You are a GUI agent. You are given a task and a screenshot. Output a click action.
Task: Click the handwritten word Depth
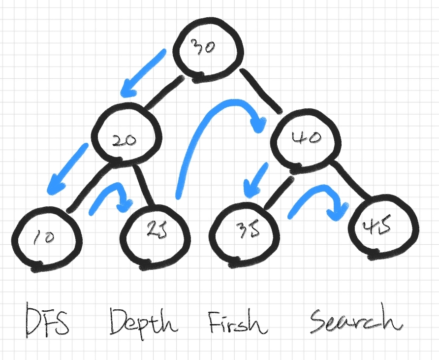(x=143, y=323)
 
